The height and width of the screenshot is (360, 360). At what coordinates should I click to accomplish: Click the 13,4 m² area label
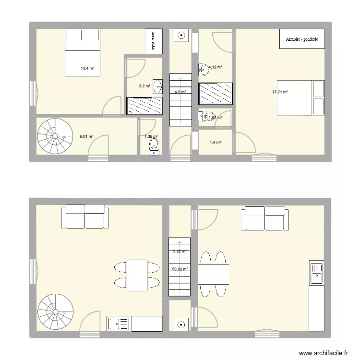point(87,68)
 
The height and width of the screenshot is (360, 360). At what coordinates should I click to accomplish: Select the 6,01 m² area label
point(86,136)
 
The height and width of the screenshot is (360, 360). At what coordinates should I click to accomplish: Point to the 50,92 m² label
point(180,269)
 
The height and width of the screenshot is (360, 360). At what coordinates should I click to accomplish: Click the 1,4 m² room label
point(216,143)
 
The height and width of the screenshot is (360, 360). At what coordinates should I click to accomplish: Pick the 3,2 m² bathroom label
point(144,86)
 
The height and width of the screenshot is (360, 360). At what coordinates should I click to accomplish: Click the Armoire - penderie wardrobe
point(302,39)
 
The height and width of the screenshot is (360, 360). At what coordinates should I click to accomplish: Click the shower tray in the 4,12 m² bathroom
point(216,93)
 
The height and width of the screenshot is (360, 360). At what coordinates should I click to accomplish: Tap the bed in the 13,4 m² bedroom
point(82,52)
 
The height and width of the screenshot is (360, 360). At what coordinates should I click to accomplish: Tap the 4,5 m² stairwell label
point(180,92)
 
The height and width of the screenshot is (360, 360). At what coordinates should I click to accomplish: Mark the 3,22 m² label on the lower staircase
point(179,251)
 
